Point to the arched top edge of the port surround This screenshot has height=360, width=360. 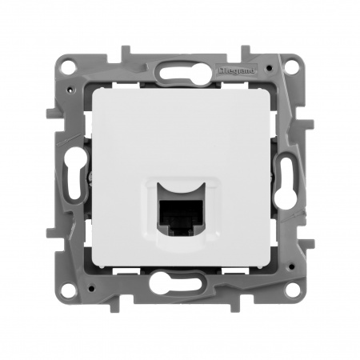coord(182,182)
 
